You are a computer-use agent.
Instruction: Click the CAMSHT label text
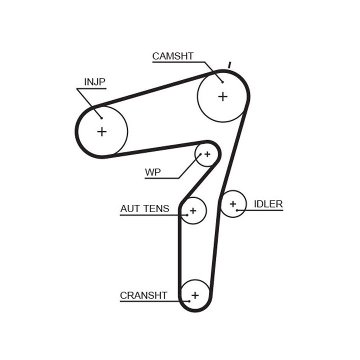[172, 56]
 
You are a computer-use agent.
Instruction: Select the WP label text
[152, 172]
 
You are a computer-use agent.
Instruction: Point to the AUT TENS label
[144, 209]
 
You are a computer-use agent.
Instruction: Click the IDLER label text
[268, 203]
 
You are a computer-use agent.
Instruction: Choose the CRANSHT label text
[143, 295]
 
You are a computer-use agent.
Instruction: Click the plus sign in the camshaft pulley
[222, 96]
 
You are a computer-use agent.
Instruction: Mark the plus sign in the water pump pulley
[207, 153]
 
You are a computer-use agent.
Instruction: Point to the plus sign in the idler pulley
[232, 204]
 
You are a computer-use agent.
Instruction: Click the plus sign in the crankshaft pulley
[195, 295]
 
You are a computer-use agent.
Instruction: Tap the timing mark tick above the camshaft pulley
[229, 64]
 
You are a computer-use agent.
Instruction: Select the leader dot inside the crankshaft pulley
[189, 301]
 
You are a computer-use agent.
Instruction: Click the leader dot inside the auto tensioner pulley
[187, 215]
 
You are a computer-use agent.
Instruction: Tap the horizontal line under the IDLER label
[263, 210]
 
